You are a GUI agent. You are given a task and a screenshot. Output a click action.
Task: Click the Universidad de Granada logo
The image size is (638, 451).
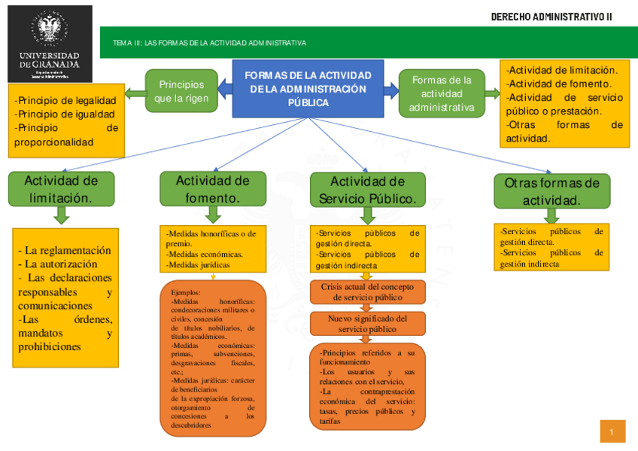coord(49,43)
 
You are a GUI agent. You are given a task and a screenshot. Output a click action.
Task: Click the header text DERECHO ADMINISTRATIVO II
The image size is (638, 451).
coord(551,17)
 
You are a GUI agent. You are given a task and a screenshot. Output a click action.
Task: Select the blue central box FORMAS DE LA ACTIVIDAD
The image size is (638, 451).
coord(308,89)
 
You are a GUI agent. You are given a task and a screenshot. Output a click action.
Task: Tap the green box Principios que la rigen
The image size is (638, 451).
coord(181,90)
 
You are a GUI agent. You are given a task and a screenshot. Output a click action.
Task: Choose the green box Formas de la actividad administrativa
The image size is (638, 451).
coord(442,93)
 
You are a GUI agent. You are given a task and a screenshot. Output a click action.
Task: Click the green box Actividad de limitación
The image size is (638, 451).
coord(61,189)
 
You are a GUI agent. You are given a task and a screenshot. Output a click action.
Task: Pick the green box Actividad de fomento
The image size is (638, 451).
coord(212,189)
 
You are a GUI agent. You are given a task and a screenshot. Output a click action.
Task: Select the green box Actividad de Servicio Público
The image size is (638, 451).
coord(367,190)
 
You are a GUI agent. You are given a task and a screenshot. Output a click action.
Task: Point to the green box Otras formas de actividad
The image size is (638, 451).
coord(551,191)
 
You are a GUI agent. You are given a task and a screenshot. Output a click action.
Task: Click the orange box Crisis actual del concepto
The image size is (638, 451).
coord(367,292)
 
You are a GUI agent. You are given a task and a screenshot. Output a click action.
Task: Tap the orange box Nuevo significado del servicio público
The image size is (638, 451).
coord(367,324)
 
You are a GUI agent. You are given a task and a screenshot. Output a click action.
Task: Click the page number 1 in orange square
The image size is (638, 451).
coord(612,431)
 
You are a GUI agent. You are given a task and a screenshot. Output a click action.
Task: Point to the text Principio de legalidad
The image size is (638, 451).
coord(65,100)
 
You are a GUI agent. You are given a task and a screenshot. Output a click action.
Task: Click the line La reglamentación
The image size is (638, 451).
coord(65,250)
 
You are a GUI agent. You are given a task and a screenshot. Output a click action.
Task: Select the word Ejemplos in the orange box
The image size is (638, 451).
coord(186,291)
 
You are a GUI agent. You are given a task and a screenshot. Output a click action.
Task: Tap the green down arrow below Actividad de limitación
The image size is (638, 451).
coord(62,215)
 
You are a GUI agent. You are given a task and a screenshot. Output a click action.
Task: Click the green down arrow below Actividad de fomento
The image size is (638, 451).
coord(212,215)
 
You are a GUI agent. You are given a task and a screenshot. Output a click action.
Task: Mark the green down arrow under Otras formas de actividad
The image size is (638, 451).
coord(551,216)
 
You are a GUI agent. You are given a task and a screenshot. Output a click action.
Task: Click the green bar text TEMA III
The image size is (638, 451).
coord(209,43)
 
